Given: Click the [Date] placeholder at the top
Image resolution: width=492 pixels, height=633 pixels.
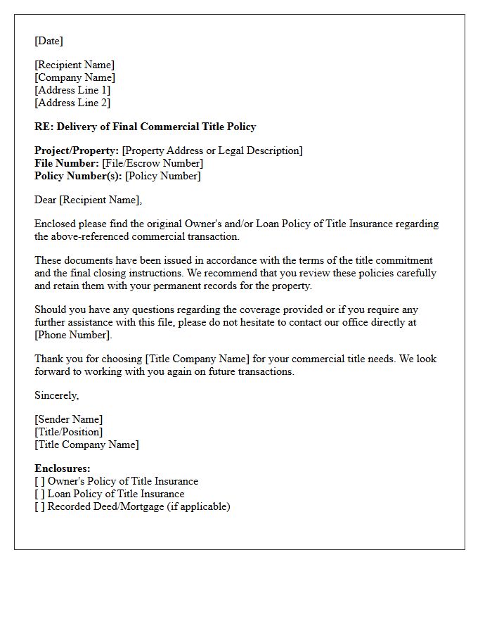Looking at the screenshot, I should [48, 41].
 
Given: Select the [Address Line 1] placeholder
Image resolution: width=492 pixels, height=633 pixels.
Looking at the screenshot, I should [72, 90].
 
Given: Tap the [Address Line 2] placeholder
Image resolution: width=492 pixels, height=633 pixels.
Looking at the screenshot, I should [72, 103].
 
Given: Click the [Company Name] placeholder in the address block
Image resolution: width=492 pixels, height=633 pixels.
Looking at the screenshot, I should [75, 77].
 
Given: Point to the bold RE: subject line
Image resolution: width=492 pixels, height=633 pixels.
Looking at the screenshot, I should [145, 127].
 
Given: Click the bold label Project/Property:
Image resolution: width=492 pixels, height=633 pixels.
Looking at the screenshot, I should [77, 151].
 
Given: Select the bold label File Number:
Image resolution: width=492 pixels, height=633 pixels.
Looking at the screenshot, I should [67, 163].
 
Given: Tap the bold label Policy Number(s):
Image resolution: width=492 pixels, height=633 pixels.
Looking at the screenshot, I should [78, 176].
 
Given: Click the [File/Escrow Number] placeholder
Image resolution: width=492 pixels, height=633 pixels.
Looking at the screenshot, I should [153, 163].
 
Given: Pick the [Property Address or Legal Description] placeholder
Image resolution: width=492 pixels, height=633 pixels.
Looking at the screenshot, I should [212, 151].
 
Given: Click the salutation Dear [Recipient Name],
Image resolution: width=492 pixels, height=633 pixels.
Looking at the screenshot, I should [88, 200].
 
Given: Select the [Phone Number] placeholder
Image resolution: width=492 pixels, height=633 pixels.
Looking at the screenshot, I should [73, 335].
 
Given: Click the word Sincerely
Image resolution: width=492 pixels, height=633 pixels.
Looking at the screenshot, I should [56, 395].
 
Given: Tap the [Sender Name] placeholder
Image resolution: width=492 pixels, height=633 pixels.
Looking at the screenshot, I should [69, 419].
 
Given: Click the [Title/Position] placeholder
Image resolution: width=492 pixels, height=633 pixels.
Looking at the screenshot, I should [69, 432].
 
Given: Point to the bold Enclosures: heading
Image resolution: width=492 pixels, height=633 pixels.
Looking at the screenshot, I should [63, 468].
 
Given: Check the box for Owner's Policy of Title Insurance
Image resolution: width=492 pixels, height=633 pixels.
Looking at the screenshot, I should [40, 481].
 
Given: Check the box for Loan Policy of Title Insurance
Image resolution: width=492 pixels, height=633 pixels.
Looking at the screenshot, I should [40, 494].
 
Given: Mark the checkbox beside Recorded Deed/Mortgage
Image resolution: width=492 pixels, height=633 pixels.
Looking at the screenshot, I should [40, 506].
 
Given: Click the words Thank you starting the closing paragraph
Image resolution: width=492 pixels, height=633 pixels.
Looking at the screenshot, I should [55, 359].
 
